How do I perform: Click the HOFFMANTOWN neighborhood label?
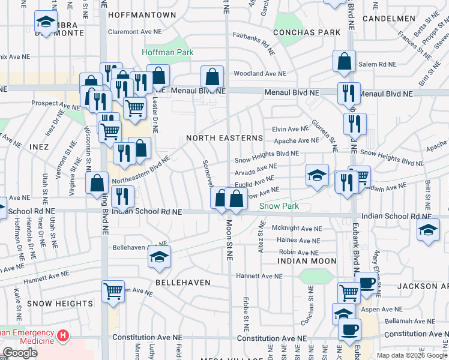pyautogui.click(x=142, y=14)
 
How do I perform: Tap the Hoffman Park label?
pyautogui.click(x=167, y=52)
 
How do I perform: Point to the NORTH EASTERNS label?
pyautogui.click(x=224, y=138)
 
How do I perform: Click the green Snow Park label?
pyautogui.click(x=279, y=206)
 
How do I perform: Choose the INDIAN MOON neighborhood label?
pyautogui.click(x=307, y=261)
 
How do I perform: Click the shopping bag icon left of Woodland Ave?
pyautogui.click(x=212, y=76)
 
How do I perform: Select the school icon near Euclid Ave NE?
pyautogui.click(x=317, y=175)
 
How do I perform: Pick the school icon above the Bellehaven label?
pyautogui.click(x=159, y=256)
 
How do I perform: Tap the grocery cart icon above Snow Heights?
pyautogui.click(x=113, y=292)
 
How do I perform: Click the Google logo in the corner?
pyautogui.click(x=20, y=353)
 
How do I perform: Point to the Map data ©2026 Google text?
pyautogui.click(x=412, y=355)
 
